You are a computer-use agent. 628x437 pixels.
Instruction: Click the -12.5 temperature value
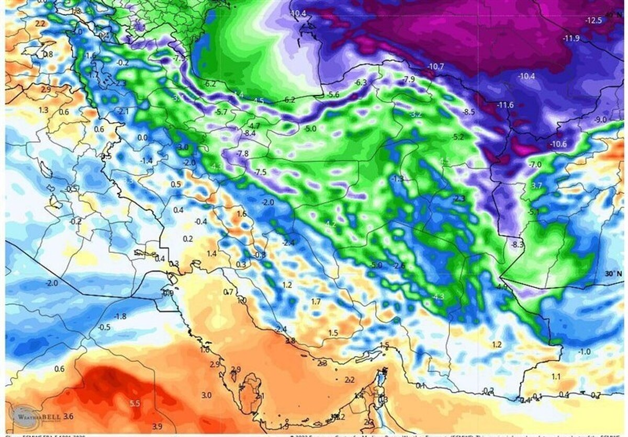594,20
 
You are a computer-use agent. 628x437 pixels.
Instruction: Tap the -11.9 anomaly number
571,38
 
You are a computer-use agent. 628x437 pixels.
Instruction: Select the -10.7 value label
435,66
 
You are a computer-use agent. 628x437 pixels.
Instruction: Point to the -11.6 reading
506,105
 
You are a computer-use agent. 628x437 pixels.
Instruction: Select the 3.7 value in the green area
536,186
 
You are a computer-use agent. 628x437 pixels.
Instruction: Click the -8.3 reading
518,244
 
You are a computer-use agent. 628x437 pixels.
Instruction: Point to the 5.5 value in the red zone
134,404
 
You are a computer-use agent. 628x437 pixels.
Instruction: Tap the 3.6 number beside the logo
69,416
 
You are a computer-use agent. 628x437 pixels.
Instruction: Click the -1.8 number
120,316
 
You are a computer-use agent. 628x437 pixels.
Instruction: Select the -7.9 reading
409,79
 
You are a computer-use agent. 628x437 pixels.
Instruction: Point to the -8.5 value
468,112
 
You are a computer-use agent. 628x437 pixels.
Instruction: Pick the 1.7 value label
316,302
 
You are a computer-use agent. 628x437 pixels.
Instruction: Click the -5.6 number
333,95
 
